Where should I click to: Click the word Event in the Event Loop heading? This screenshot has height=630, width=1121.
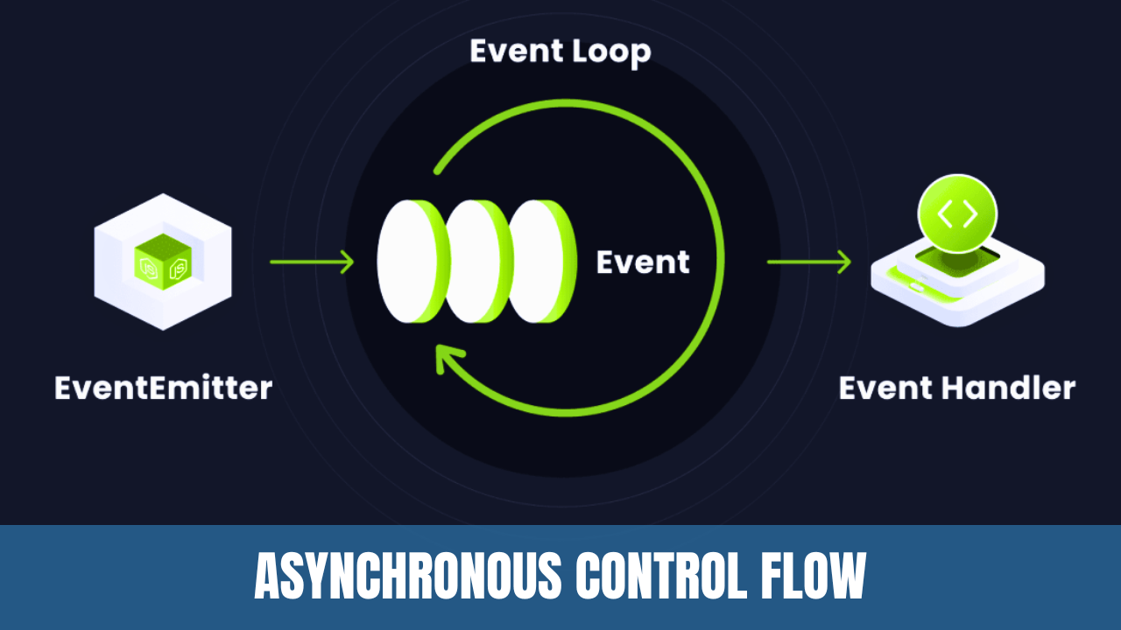[x=516, y=51]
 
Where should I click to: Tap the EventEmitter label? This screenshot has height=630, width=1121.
[x=164, y=388]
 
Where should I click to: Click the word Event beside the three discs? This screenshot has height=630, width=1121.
[x=643, y=262]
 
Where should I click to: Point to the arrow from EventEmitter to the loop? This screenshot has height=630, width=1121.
[x=312, y=262]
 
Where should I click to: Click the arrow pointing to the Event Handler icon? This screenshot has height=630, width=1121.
[x=809, y=262]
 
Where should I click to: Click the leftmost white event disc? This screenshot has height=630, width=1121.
[x=407, y=262]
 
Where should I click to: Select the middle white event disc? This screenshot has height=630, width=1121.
[x=474, y=262]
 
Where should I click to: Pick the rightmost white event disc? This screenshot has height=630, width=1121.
[x=537, y=262]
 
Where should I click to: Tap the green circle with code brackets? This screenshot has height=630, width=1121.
[x=957, y=214]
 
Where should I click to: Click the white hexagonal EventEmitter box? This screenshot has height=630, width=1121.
[x=163, y=262]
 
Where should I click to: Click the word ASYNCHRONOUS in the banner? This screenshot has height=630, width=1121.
[x=407, y=576]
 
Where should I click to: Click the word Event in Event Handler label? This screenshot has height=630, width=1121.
[x=885, y=388]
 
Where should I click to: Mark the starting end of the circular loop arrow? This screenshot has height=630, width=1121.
[x=437, y=171]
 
